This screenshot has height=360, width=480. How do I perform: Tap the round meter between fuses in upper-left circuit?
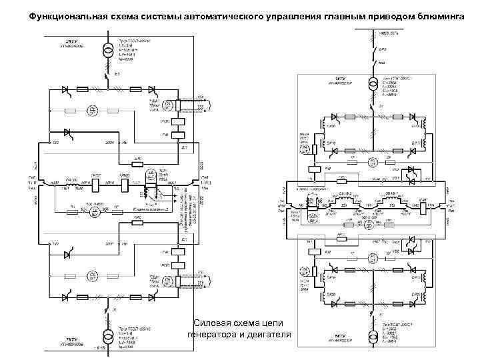(94, 109)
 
